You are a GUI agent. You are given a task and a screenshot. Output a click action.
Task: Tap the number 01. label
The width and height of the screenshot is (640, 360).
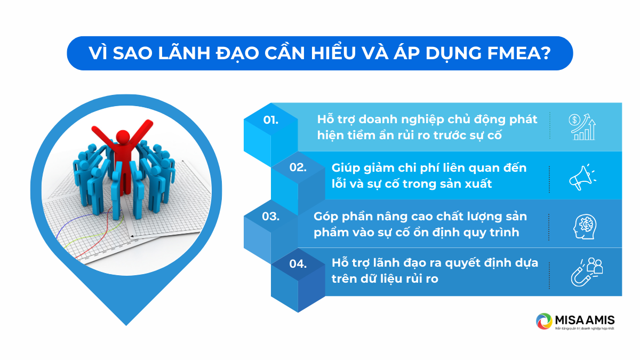click(x=271, y=119)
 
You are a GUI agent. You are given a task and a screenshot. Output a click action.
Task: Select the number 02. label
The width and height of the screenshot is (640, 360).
click(x=298, y=167)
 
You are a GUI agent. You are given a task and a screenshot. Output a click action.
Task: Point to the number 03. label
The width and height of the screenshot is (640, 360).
click(x=271, y=217)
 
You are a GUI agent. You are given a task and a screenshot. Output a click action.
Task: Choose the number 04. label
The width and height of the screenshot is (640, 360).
click(x=298, y=263)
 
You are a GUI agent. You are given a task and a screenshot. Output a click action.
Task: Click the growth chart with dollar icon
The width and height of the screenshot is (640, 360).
click(x=581, y=126)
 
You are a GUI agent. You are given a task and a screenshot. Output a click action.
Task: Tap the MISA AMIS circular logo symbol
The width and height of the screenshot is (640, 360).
click(x=544, y=322)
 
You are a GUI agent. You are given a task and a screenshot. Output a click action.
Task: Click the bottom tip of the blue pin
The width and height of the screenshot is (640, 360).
click(x=126, y=323)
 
